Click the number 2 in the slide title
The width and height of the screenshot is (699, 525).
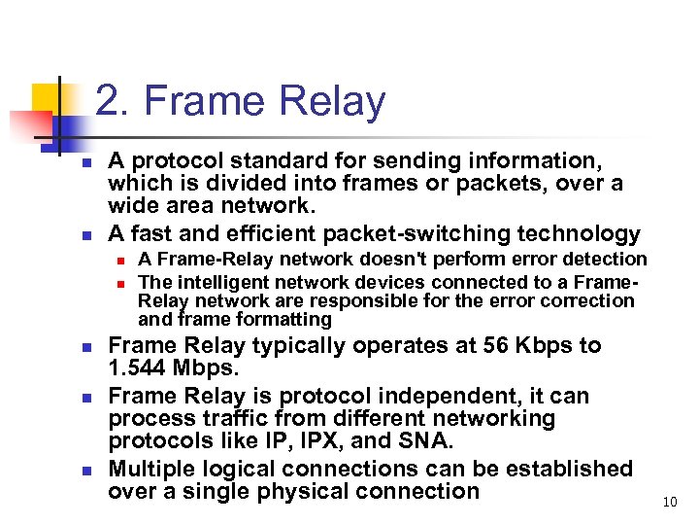point(108,102)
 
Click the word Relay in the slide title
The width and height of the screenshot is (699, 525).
point(332,102)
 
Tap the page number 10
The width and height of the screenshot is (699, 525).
point(669,502)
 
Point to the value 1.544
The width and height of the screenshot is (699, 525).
point(141,369)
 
